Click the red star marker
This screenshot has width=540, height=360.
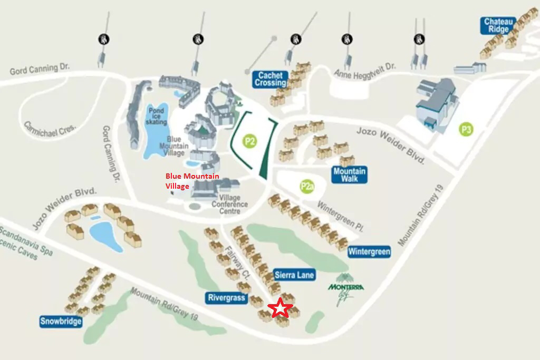click(281, 308)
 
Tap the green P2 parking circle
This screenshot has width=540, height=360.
click(249, 141)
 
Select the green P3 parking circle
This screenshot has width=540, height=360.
click(466, 129)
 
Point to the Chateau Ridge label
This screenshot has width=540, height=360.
click(497, 26)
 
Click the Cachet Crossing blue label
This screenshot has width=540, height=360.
click(271, 79)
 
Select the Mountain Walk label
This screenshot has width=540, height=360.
click(349, 175)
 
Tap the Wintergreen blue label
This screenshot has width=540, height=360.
click(369, 252)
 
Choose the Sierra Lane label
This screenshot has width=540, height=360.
click(294, 275)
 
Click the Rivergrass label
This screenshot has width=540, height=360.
click(227, 298)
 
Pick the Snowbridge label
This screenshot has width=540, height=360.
click(61, 321)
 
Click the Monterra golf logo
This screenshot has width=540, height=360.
click(346, 288)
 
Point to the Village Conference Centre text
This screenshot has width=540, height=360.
click(229, 205)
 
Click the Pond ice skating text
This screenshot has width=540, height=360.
click(156, 116)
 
